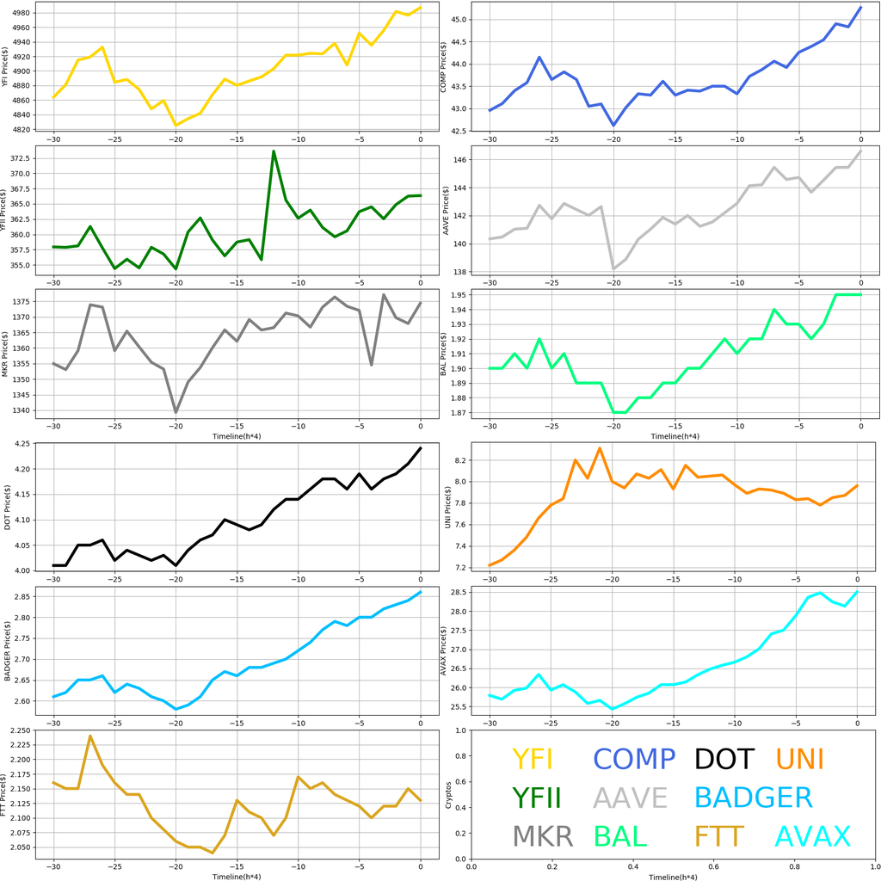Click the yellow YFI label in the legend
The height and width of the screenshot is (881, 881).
pos(532,759)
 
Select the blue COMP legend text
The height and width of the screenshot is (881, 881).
pos(634,759)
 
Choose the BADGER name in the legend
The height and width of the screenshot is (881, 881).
pos(753,798)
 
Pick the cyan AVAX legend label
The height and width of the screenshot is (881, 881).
pos(813,836)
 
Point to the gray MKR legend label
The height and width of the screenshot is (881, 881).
pos(542,836)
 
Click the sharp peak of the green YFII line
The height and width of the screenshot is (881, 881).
pos(274,151)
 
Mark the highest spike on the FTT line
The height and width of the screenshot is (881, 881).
pos(90,736)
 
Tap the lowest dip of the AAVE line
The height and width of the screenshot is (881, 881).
pos(613,269)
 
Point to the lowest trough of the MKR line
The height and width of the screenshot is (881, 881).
pos(176,412)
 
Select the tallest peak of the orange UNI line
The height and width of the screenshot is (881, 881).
pos(600,448)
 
